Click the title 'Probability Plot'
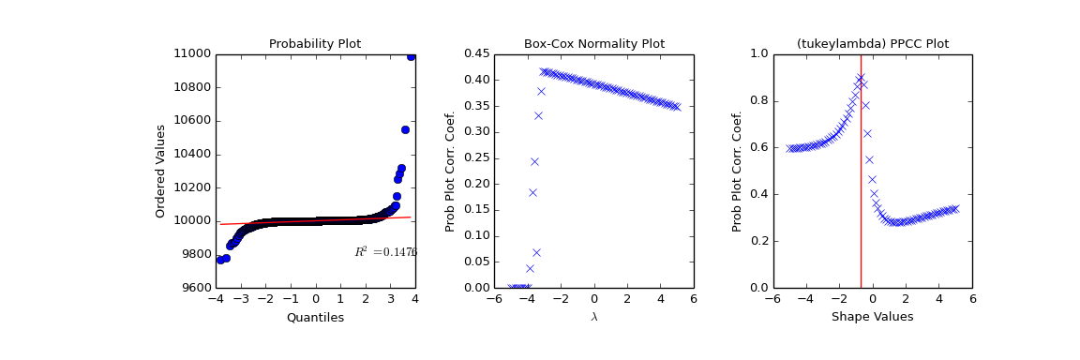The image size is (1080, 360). click(315, 44)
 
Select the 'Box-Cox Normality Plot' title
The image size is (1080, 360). click(593, 44)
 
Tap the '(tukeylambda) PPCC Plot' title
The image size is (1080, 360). click(872, 44)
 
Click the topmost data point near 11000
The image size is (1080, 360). click(411, 56)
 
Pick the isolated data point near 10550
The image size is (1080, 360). click(405, 129)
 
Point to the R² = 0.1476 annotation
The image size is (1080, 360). click(385, 252)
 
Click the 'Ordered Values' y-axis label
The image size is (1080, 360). click(160, 171)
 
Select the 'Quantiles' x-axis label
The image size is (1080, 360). click(315, 318)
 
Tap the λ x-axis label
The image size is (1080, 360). click(593, 318)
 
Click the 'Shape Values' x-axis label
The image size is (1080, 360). click(872, 318)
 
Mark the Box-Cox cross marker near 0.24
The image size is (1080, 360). click(534, 161)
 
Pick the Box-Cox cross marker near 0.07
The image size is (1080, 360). click(536, 252)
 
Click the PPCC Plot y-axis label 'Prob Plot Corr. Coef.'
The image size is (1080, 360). click(738, 171)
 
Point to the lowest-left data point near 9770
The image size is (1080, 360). click(220, 259)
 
